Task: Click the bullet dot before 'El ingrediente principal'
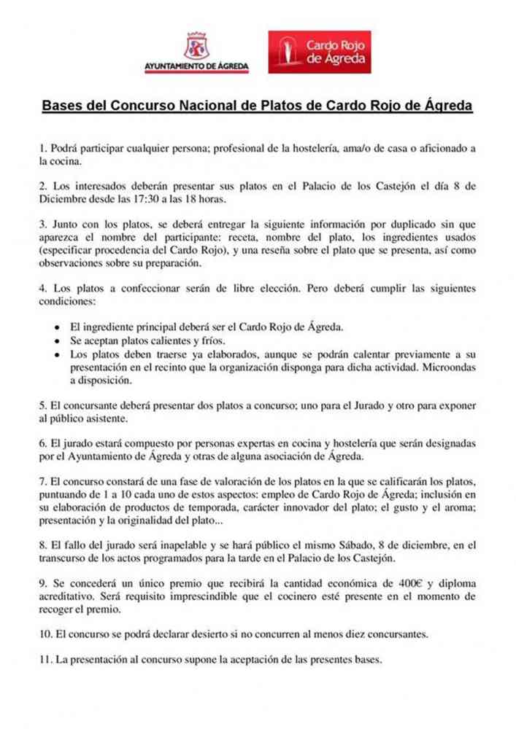coord(57,329)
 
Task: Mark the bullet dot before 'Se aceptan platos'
coord(57,342)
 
